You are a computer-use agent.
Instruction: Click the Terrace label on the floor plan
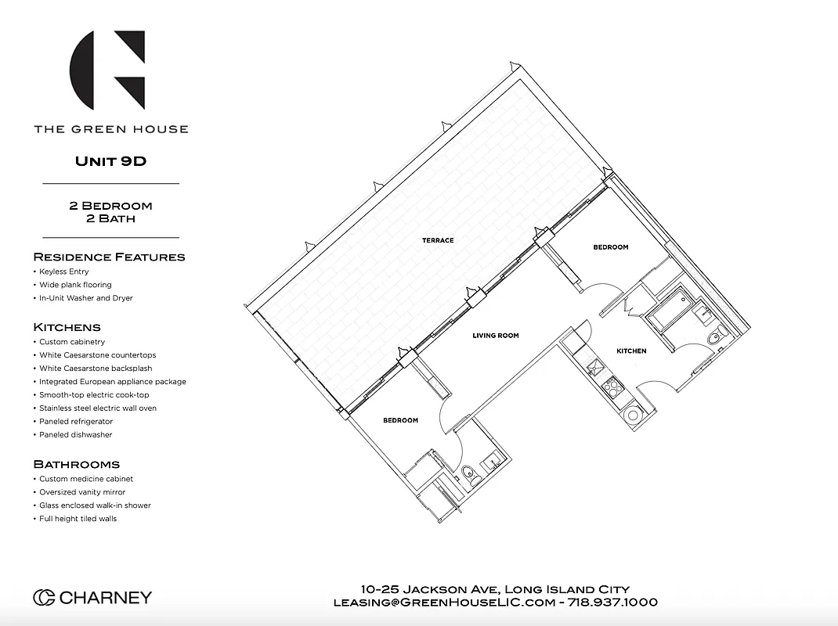[438, 240]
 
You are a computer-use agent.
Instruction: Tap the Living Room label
[495, 336]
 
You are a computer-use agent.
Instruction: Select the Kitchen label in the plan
[631, 351]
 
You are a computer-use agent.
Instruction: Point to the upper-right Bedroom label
[610, 247]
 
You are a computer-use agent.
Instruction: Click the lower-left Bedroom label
[400, 420]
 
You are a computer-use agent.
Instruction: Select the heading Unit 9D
[110, 161]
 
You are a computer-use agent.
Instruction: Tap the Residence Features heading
[109, 257]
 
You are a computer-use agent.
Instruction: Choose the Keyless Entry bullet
[63, 272]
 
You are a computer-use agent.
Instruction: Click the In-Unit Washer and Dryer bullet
[85, 298]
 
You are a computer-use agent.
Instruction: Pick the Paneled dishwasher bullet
[75, 434]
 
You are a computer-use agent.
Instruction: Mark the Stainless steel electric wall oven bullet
[98, 408]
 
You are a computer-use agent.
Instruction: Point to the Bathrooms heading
[76, 464]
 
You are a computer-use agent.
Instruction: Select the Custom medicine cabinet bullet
[86, 479]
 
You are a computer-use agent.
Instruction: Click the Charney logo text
[92, 598]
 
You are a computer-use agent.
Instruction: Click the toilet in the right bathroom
[713, 339]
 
